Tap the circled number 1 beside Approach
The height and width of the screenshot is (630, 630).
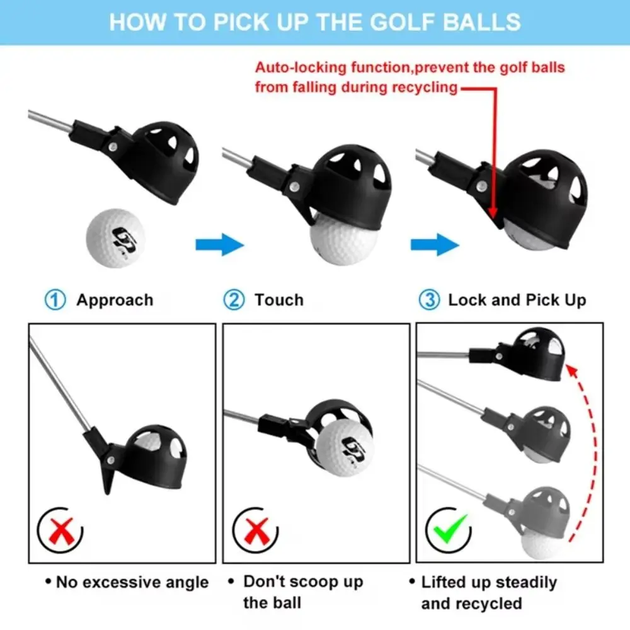pos(56,300)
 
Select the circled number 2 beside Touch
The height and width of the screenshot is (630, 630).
pos(234,300)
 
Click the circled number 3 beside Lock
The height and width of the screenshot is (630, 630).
pos(429,300)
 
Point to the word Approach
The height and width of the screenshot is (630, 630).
pos(115,300)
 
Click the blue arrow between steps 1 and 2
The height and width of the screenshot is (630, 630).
pos(219,243)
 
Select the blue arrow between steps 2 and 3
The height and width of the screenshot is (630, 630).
pos(433,243)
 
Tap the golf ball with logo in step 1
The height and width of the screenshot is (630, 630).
pos(115,239)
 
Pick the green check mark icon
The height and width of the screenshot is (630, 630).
pos(450,530)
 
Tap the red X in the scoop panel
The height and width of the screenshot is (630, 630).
pos(254,530)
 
